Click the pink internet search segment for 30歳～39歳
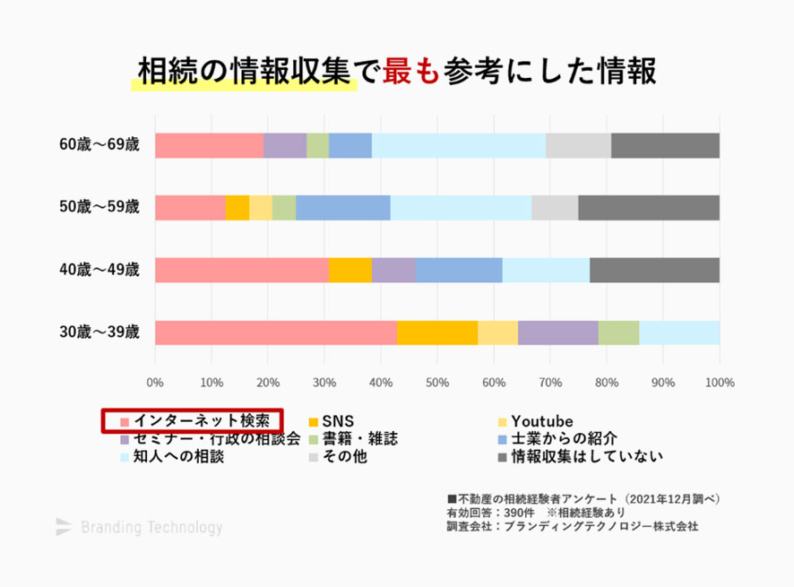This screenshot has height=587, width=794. click(x=275, y=332)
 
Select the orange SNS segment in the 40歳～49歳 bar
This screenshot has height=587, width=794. click(x=350, y=270)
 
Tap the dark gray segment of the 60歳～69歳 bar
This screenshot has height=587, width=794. click(x=665, y=145)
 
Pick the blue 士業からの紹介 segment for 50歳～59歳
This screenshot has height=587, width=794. click(x=343, y=207)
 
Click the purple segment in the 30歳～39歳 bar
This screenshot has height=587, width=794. click(x=557, y=332)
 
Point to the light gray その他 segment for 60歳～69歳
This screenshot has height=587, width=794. click(x=578, y=145)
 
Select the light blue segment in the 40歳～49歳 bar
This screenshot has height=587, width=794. click(x=546, y=270)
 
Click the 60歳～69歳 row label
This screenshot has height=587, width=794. click(x=99, y=145)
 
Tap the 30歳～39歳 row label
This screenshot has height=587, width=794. click(x=99, y=332)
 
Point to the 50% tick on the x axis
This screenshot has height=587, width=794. click(x=437, y=383)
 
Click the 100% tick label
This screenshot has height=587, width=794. click(x=720, y=383)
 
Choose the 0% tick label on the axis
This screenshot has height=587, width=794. click(x=155, y=383)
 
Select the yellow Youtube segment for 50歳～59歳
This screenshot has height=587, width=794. click(x=260, y=207)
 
